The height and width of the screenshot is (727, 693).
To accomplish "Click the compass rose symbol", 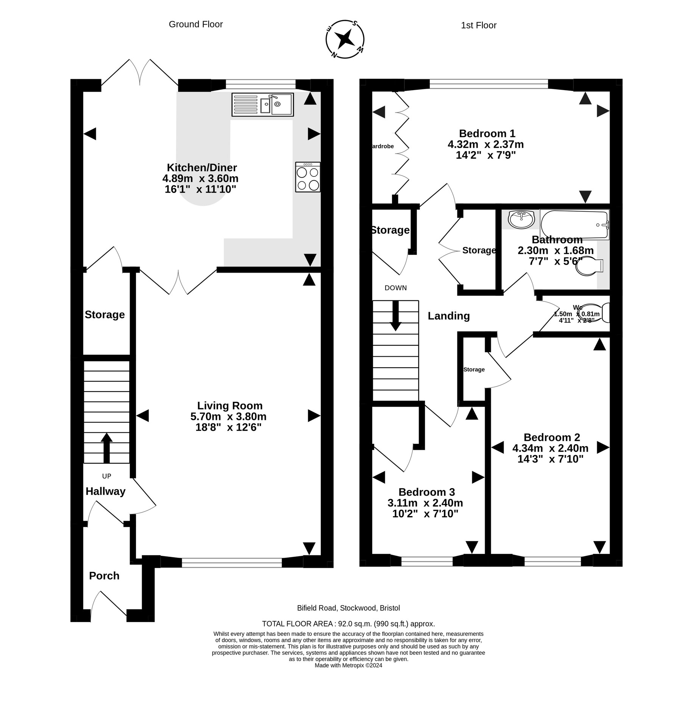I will click(345, 39).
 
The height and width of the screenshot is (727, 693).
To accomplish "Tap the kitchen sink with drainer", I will click(262, 105).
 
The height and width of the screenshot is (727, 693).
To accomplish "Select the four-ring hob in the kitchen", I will click(307, 177).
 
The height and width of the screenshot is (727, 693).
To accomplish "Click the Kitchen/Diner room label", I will click(202, 167).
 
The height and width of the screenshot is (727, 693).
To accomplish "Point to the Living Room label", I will click(229, 406).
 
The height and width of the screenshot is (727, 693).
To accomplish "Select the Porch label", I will click(104, 576).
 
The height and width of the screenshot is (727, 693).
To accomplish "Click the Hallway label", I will click(105, 491).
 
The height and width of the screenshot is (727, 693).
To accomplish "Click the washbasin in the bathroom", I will click(521, 219).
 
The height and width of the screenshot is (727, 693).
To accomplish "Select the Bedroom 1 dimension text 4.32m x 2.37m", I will click(485, 144).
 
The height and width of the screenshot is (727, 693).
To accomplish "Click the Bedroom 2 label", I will click(551, 437).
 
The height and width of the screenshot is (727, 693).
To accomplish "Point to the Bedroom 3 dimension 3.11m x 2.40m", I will click(425, 503).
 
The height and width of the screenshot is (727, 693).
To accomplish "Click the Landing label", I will click(448, 316).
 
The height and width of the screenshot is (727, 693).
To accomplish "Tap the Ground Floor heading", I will click(195, 24).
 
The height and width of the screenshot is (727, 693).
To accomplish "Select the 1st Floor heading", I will click(478, 25).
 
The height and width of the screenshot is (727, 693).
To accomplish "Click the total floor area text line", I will click(348, 624).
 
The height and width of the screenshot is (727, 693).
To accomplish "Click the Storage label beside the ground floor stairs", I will click(105, 315).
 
